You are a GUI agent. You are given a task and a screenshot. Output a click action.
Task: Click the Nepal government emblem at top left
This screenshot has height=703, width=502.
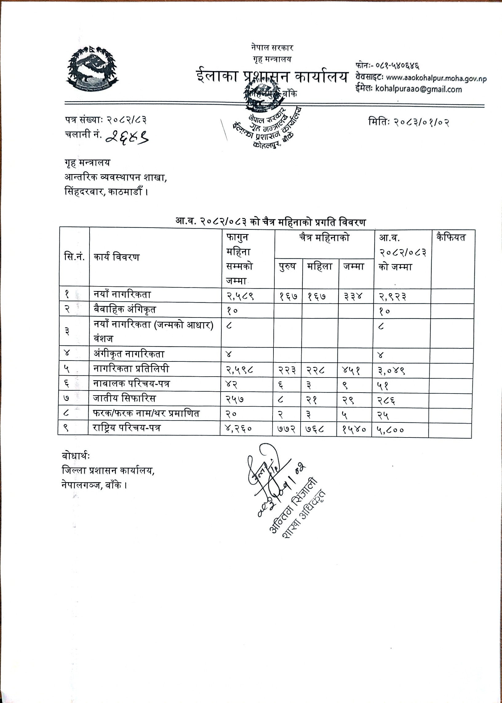[x=92, y=69]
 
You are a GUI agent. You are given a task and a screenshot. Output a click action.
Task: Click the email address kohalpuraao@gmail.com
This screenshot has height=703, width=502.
[x=418, y=89]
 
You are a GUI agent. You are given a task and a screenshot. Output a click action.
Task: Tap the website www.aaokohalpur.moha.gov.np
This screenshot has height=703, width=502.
[x=436, y=78]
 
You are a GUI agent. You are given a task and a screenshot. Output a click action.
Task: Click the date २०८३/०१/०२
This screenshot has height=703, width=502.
[x=422, y=122]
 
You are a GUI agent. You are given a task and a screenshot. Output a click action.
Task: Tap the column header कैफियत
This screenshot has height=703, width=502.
[x=451, y=238]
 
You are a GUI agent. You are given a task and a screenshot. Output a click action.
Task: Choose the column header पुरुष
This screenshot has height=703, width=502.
[x=287, y=266]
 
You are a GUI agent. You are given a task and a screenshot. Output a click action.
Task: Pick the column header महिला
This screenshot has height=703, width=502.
[x=320, y=266]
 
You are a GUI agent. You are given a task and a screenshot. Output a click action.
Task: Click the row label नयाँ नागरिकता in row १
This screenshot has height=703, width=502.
[x=122, y=295]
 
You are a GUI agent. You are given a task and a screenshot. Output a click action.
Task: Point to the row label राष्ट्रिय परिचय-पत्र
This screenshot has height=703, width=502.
[x=127, y=428]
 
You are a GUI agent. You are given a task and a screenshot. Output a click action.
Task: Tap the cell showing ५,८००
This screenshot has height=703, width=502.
[x=390, y=430]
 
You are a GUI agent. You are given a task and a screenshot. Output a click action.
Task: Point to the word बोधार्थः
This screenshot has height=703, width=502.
[x=76, y=456]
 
